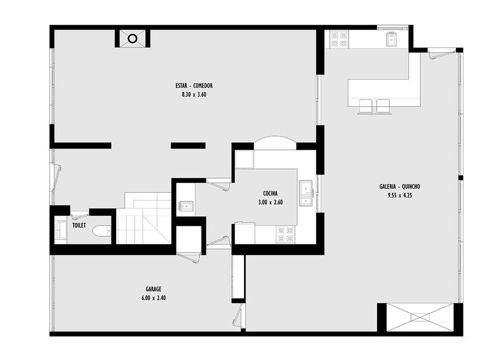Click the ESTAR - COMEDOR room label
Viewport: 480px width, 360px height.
coord(194,86)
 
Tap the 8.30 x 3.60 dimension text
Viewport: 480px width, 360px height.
coord(194,95)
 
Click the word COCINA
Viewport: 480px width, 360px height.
coord(270,194)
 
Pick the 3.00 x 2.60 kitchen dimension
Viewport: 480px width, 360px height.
coord(270,202)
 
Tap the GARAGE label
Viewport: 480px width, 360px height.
coord(153,289)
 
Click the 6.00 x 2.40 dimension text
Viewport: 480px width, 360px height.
coord(153,298)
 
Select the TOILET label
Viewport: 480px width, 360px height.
coord(79,226)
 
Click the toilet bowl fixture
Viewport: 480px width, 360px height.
coord(102,231)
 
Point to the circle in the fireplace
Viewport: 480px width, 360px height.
coord(132,39)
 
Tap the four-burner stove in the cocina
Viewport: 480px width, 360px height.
coord(286,234)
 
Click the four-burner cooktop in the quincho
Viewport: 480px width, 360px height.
coord(339,39)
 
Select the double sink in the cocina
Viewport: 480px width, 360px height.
coord(306,193)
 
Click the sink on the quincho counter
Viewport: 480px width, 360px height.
coord(391,39)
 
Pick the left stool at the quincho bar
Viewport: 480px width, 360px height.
coord(366,106)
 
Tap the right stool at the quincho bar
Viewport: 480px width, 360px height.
coord(383,106)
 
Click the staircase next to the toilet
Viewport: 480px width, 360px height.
coord(144,218)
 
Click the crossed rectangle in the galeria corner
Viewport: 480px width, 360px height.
coord(419,317)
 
